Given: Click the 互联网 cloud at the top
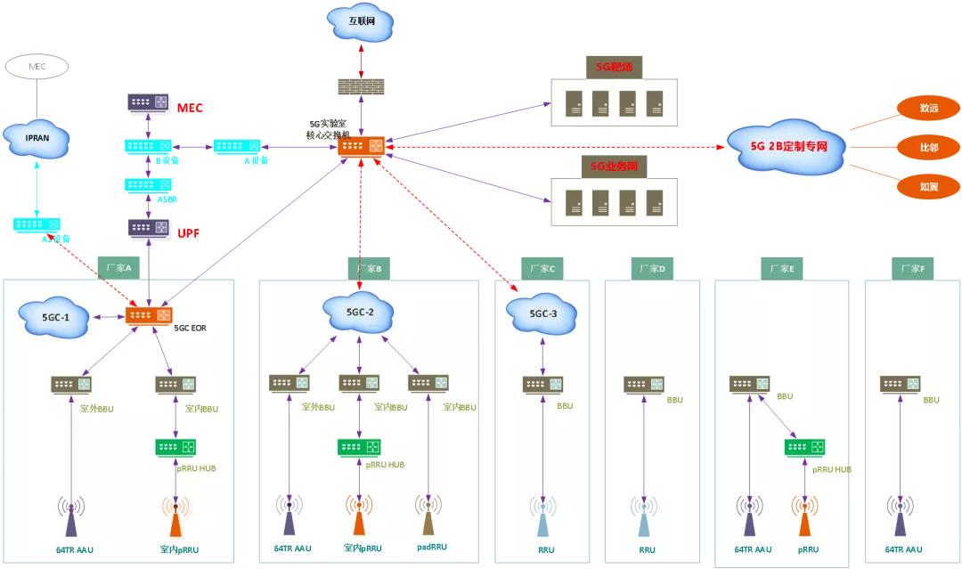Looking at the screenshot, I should [361, 22].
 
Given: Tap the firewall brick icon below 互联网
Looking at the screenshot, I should [361, 87].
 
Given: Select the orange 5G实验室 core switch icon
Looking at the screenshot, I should [361, 145].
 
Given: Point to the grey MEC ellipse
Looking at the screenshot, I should [37, 66].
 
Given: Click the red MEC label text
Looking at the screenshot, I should [190, 108].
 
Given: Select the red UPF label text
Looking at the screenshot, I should [188, 232].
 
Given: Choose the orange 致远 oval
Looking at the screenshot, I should [929, 109].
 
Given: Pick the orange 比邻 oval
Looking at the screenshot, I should [929, 147].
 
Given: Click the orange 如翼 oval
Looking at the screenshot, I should [929, 186].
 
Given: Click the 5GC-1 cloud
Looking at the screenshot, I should [54, 317].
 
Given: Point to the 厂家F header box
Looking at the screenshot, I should [910, 269].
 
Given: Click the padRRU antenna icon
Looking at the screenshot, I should [428, 516].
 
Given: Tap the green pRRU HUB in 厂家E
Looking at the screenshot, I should [804, 447].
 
